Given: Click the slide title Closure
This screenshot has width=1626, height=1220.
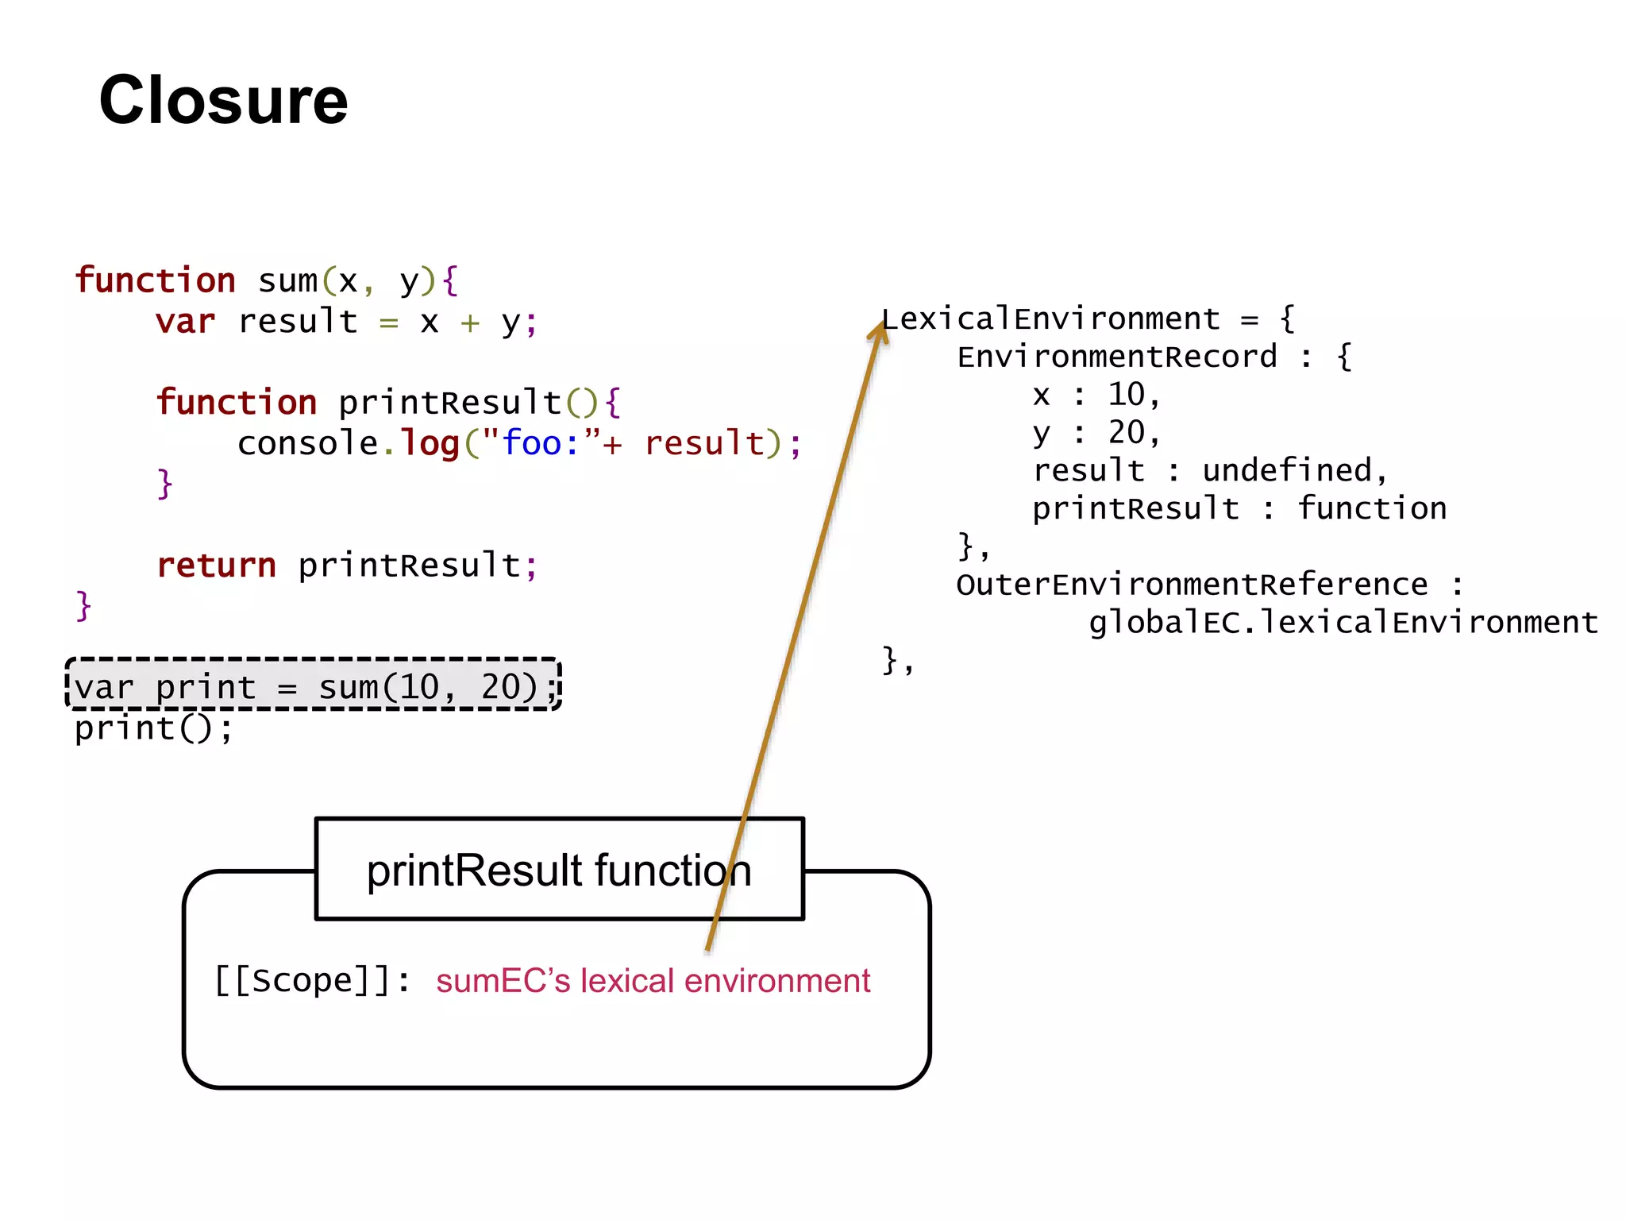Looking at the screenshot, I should (223, 100).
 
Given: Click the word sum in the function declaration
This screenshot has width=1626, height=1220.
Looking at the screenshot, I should (287, 281).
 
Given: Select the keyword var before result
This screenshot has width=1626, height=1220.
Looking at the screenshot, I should (185, 322).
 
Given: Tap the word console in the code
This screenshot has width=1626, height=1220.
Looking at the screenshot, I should (308, 443).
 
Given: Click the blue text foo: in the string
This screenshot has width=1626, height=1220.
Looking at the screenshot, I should (540, 443).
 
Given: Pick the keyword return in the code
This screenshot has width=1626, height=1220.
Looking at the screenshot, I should (216, 566).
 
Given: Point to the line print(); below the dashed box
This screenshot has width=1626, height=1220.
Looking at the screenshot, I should (153, 728).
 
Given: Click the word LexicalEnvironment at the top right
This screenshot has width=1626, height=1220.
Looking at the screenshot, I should (1051, 319).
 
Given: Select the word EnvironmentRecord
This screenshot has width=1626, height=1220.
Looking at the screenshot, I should (1117, 357).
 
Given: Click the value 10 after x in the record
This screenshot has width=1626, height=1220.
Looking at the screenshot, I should (1126, 395).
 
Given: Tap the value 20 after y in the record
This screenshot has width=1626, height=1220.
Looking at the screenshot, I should (1126, 433).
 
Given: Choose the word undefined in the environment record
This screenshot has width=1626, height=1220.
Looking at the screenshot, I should (1286, 471).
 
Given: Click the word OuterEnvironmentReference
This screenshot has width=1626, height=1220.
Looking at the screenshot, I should (1191, 585).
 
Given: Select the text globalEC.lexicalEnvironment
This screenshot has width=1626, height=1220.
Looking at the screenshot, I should (1343, 623).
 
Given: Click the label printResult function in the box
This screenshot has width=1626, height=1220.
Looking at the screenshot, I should (559, 871).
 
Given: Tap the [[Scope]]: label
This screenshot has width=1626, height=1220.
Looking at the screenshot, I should (313, 980).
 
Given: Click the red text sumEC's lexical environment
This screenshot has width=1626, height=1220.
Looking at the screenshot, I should (653, 981).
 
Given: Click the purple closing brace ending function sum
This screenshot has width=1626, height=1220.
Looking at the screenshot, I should (83, 606).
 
